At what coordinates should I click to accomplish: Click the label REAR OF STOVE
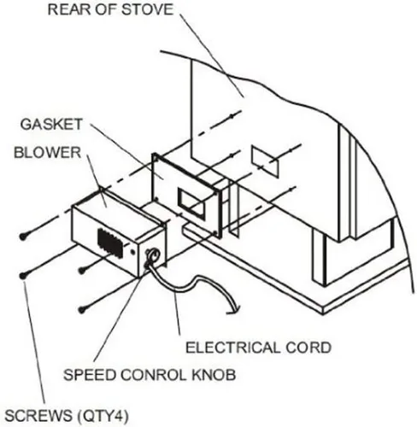110,9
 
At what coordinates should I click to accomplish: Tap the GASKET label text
51,125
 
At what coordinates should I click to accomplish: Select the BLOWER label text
48,153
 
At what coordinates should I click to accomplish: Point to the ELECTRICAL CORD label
258,348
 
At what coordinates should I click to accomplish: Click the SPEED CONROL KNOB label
150,375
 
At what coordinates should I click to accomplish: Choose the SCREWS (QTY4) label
67,416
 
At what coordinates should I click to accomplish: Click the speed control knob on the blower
152,255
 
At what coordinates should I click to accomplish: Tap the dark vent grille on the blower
110,243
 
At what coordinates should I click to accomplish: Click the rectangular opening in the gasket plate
191,203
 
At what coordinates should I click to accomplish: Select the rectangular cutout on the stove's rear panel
265,161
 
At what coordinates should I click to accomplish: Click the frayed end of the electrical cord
234,311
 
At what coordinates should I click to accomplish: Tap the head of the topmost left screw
23,237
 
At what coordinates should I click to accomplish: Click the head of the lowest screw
82,310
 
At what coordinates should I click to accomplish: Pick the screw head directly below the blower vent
82,270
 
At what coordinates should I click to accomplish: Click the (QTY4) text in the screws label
103,416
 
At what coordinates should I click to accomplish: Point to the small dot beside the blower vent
132,252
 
